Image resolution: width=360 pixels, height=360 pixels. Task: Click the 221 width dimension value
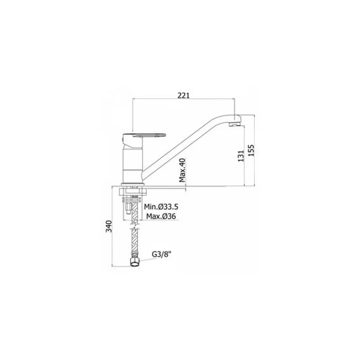pos(184,95)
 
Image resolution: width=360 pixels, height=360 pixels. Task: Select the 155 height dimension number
pos(252,150)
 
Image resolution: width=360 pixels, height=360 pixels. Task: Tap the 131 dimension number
pos(240,156)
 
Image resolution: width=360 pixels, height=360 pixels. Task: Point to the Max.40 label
pos(183,170)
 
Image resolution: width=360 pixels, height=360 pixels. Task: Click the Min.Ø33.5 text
pos(161,207)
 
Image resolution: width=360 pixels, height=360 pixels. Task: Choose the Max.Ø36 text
pos(161,216)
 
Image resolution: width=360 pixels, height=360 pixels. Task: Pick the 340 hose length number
pos(109,226)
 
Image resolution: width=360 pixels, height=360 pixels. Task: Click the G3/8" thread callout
pos(162,255)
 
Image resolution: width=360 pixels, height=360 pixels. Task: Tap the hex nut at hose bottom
pos(135,262)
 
